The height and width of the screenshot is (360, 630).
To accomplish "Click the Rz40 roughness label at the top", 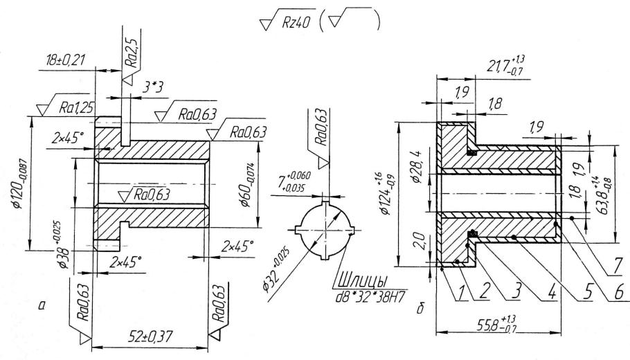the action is pos(296,23).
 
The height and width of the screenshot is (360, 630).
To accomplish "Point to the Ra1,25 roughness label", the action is pos(76,108).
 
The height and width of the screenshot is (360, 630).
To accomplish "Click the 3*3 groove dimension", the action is pos(152,88).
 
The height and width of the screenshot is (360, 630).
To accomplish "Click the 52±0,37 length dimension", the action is pos(150,336).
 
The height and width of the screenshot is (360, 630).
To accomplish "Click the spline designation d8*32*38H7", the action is pos(370,297).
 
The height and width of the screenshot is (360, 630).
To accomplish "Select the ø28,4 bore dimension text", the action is pos(416,167).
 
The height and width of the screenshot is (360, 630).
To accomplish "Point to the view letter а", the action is pos(41,306).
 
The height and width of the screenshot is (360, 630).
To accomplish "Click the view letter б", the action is pos(421,309).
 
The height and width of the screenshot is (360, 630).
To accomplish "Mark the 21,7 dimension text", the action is pos(506,64).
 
